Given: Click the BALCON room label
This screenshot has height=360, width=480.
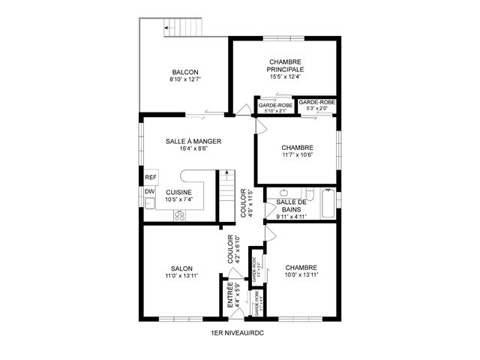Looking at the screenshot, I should pos(184,72).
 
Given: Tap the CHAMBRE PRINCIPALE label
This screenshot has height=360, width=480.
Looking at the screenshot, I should pos(286,64).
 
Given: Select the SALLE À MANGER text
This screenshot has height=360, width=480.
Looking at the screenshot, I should pos(193,141).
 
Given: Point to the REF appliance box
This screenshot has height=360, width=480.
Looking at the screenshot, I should pos(150,178).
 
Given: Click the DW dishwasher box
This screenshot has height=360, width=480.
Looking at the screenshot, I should pos(149,192).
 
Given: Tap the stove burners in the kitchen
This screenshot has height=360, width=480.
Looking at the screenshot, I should pos(180,215).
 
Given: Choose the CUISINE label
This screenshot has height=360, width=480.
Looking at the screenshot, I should pos(179,192).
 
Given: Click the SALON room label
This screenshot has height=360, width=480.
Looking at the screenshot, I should pos(181,268).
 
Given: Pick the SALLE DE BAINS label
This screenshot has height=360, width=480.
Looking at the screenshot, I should pos(290,206).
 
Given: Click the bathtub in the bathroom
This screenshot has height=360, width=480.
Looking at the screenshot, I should pos(329,204).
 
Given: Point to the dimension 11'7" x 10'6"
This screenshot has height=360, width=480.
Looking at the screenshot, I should pos(297,155).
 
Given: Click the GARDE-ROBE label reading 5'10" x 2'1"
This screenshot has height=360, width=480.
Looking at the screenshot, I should pos(275,106).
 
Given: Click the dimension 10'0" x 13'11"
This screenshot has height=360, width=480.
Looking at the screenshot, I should pos(301,275).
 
